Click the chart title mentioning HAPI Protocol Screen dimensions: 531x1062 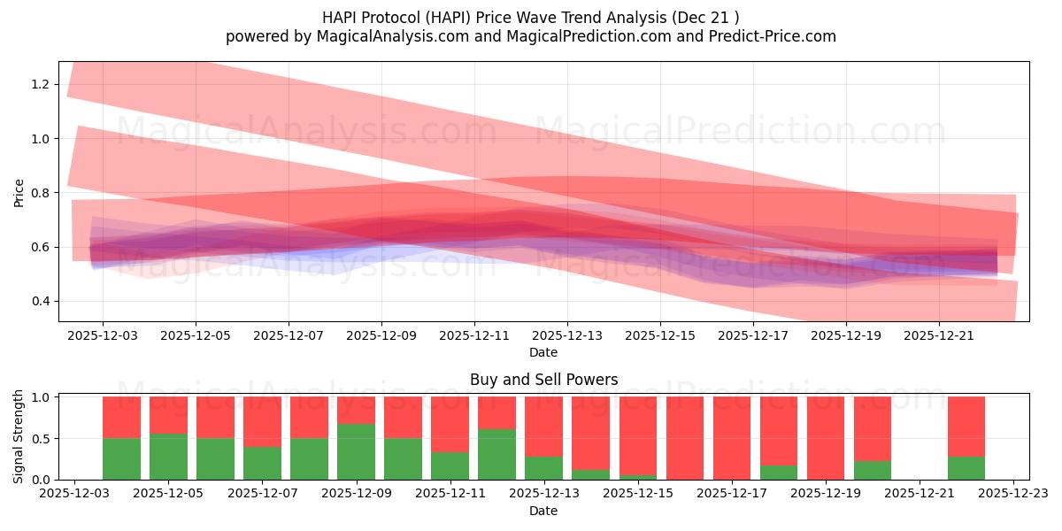click(530, 17)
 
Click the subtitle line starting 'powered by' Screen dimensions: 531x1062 click(530, 36)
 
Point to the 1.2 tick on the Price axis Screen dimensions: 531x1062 click(41, 84)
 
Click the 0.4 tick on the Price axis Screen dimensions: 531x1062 click(41, 301)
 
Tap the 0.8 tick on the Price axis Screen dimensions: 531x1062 click(41, 193)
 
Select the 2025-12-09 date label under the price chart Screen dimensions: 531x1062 click(381, 336)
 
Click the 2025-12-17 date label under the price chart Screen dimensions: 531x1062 click(752, 336)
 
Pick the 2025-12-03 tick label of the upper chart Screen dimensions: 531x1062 click(102, 336)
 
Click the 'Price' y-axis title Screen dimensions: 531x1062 click(19, 191)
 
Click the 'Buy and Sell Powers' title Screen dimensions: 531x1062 click(543, 380)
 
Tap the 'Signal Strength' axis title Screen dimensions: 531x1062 click(19, 436)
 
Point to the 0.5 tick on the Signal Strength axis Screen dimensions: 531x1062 click(41, 438)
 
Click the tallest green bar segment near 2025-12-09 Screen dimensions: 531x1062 click(356, 451)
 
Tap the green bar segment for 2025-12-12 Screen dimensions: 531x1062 click(496, 454)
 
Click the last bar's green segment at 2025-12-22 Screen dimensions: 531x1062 click(966, 468)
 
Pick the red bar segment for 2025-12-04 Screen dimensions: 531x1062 click(121, 417)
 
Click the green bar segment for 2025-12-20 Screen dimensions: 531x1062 click(872, 470)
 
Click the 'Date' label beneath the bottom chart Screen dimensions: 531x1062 click(543, 511)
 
